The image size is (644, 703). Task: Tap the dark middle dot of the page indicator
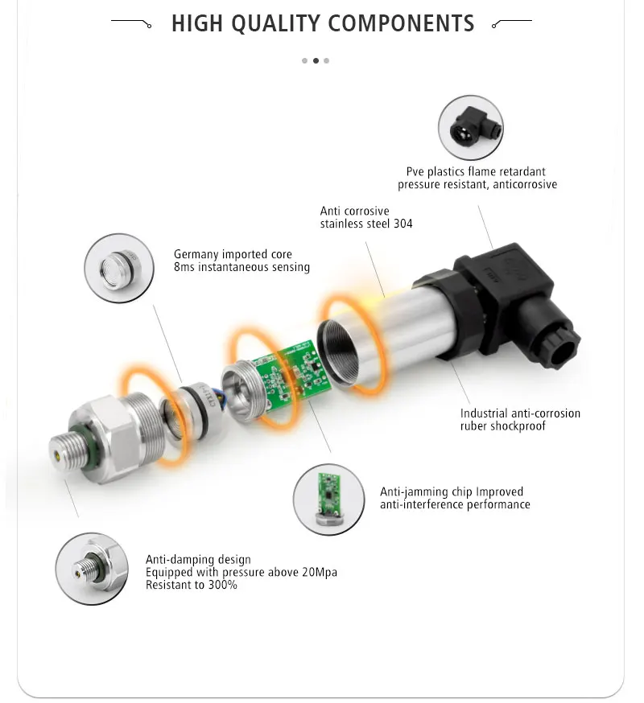click(x=316, y=60)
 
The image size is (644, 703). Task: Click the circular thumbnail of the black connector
click(x=470, y=128)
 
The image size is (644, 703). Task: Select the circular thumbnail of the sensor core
click(x=119, y=268)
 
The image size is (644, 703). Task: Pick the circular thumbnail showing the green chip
click(x=328, y=499)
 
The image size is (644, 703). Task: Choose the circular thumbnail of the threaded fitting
click(x=91, y=569)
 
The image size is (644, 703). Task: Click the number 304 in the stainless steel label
click(x=402, y=224)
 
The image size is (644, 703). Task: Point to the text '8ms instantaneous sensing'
click(x=242, y=267)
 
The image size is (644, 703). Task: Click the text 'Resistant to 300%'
click(x=191, y=585)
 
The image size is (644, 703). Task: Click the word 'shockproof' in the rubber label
click(x=517, y=425)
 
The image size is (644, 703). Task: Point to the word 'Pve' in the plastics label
click(x=415, y=171)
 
